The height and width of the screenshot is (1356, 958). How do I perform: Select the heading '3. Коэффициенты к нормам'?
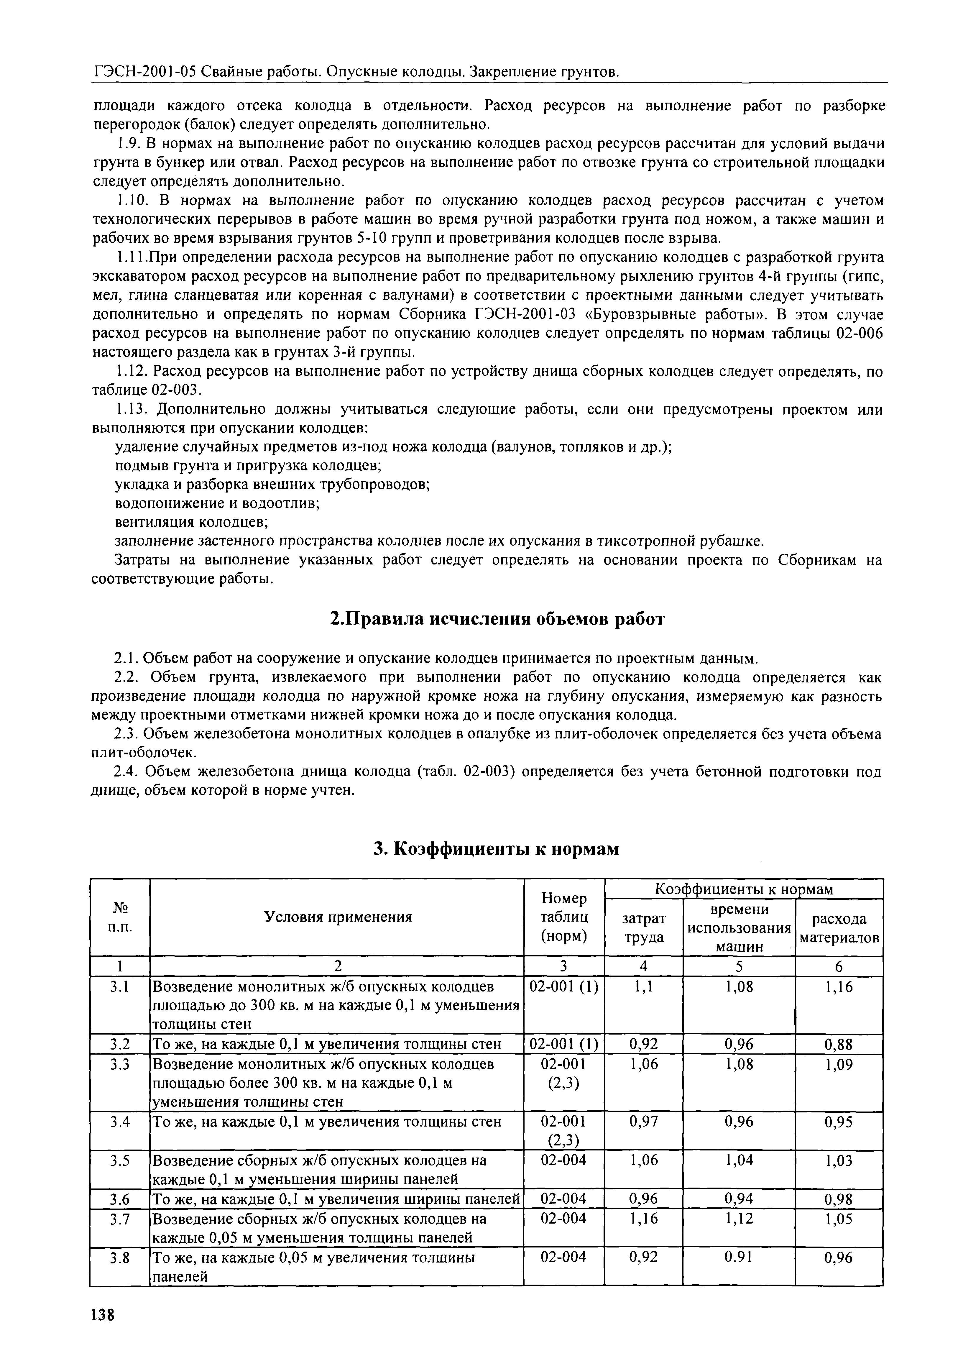[x=497, y=849]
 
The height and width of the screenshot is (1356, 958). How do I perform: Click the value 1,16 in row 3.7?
[x=644, y=1219]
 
